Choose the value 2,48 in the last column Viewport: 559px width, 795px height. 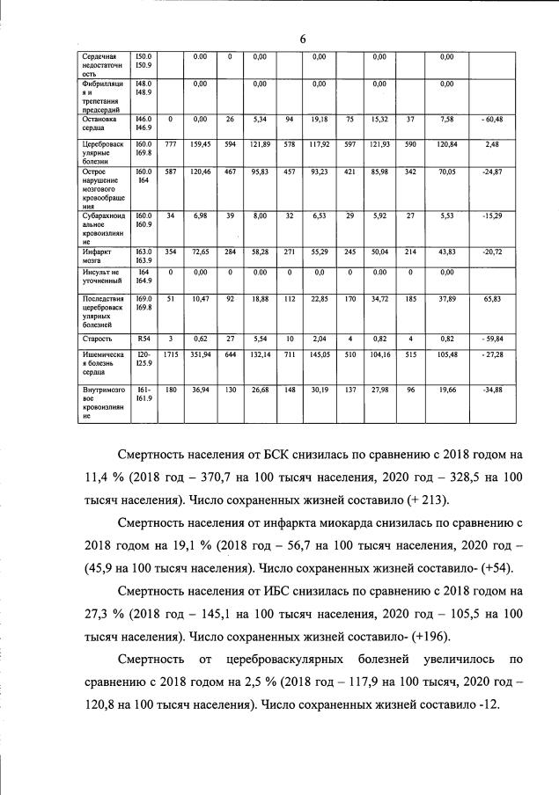tap(491, 143)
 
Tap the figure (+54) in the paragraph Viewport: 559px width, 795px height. tap(492, 567)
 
